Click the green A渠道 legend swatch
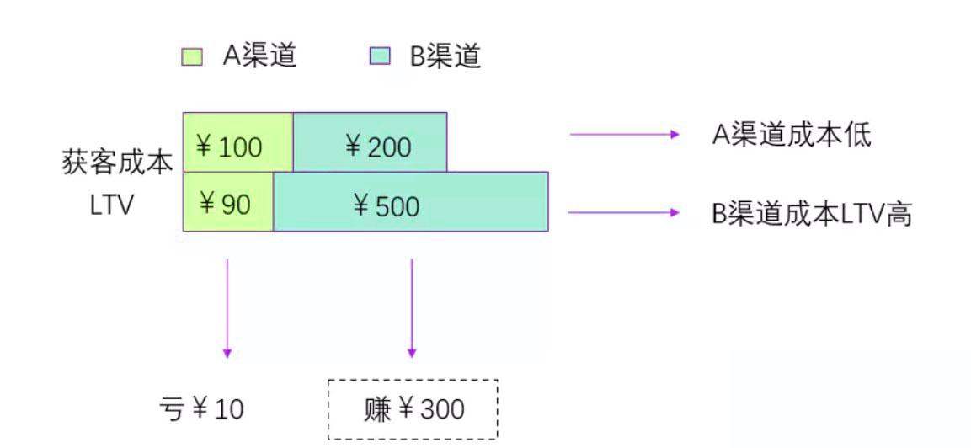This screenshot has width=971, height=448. point(192,57)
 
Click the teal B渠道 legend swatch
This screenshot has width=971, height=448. point(381,57)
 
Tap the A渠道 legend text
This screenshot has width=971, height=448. point(259,56)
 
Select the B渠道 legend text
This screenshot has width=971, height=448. point(445,56)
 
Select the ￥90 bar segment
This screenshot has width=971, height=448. point(228,201)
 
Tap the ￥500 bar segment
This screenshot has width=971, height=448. point(411,201)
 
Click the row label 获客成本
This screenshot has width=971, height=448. point(117,163)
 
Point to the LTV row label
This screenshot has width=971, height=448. point(111,205)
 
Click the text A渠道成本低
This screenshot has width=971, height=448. point(791,134)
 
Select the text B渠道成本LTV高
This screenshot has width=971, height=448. point(812,214)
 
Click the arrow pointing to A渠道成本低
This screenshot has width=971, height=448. point(624,134)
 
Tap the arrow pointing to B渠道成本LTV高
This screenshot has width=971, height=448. point(623,212)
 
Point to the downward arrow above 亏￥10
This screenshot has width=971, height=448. point(227,307)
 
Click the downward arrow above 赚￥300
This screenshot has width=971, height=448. point(411,307)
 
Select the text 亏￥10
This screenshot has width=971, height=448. point(201,409)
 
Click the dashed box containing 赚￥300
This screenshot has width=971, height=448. point(413,409)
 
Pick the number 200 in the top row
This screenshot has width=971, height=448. point(389,147)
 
